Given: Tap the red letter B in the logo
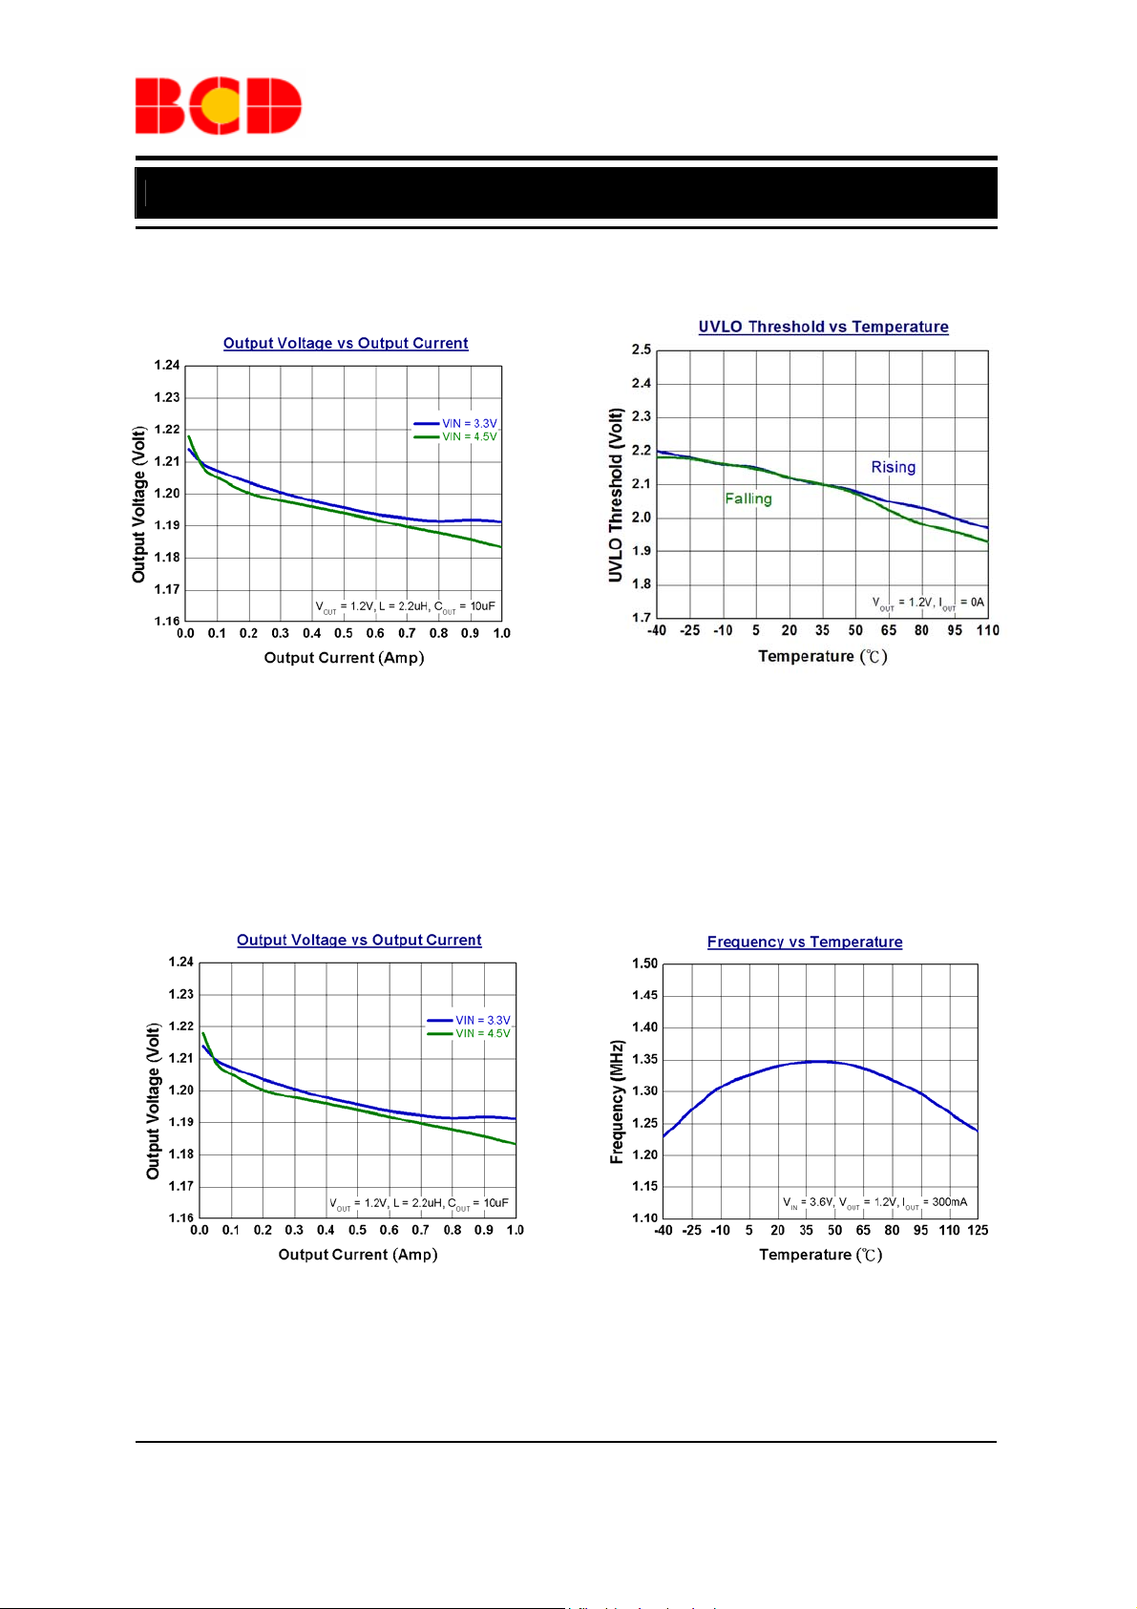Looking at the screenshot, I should pyautogui.click(x=159, y=106).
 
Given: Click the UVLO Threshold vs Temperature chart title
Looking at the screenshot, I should pyautogui.click(x=823, y=327).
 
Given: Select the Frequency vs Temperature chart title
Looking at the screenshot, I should pyautogui.click(x=805, y=942).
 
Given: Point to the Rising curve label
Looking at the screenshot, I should pyautogui.click(x=893, y=467).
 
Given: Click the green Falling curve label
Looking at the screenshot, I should pyautogui.click(x=748, y=498).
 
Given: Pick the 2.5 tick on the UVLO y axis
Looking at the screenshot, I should pyautogui.click(x=642, y=349).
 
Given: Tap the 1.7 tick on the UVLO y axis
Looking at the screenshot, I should pyautogui.click(x=642, y=618).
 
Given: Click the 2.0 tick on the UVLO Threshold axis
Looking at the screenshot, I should pyautogui.click(x=642, y=518).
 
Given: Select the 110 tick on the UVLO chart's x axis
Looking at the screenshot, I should pyautogui.click(x=987, y=630).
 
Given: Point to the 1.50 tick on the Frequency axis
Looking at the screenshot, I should pyautogui.click(x=644, y=963).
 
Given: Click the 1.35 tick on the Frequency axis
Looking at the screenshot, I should pyautogui.click(x=644, y=1059).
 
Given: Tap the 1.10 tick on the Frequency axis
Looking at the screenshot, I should pyautogui.click(x=644, y=1217).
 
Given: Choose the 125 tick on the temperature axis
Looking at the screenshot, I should pyautogui.click(x=978, y=1230).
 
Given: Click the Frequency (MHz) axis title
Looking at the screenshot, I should pyautogui.click(x=617, y=1102).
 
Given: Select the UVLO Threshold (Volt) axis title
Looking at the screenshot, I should pyautogui.click(x=616, y=495).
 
